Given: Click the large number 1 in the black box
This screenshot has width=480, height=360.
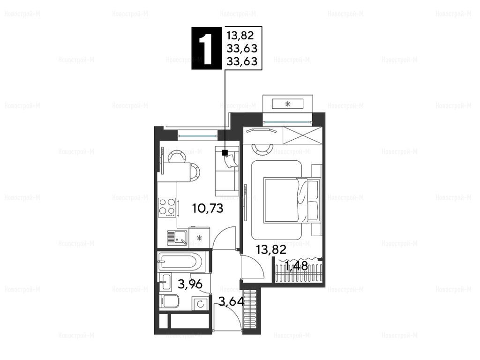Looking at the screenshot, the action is (x=206, y=48).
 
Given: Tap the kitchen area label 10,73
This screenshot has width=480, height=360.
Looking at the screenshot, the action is (x=208, y=209).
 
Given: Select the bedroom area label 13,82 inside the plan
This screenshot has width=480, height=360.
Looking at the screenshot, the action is (x=271, y=250).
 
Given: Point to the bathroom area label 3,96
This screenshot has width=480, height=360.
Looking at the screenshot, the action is (x=190, y=285).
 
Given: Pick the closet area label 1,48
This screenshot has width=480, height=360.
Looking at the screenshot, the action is (x=297, y=266).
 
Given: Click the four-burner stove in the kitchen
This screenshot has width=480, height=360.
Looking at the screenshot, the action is (x=167, y=208).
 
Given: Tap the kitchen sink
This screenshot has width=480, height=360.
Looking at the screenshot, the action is (x=177, y=238).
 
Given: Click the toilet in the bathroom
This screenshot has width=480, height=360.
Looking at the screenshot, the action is (x=170, y=301).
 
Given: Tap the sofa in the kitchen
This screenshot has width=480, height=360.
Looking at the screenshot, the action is (x=227, y=171).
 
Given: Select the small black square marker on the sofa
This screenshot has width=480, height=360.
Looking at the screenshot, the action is (x=225, y=152).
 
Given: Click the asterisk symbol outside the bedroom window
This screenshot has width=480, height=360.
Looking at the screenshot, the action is (x=287, y=104).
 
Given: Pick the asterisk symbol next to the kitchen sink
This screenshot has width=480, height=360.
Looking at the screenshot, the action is (x=199, y=238).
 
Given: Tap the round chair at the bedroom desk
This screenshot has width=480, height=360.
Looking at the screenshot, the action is (x=262, y=150).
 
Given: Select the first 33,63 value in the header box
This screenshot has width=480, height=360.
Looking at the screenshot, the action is (x=242, y=48).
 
